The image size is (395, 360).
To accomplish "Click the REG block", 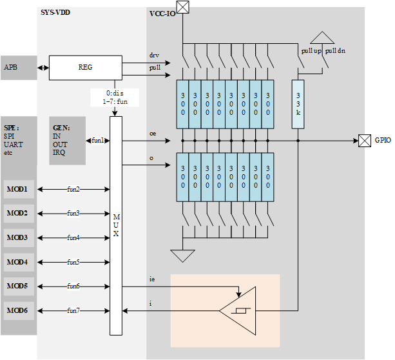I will [85, 66].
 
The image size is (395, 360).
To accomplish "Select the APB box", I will [18, 68].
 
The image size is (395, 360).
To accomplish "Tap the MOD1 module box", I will [18, 189].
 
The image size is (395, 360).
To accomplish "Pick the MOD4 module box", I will [18, 262].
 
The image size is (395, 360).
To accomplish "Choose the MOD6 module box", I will [18, 311].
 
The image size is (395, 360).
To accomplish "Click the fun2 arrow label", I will [73, 189].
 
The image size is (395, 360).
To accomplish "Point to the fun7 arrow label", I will [73, 311].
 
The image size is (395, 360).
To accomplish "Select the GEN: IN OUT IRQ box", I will [67, 140].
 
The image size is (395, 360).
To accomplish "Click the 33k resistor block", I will [298, 103].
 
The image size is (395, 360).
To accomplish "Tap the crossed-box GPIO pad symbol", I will [365, 140].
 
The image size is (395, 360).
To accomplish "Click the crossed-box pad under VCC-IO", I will [184, 7].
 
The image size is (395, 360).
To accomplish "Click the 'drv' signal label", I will [154, 55].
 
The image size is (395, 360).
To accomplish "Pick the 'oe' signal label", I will [153, 133].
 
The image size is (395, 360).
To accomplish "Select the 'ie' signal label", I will [152, 279].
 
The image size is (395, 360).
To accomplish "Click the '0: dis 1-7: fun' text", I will [115, 97].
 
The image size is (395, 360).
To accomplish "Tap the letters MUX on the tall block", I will [116, 225].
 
